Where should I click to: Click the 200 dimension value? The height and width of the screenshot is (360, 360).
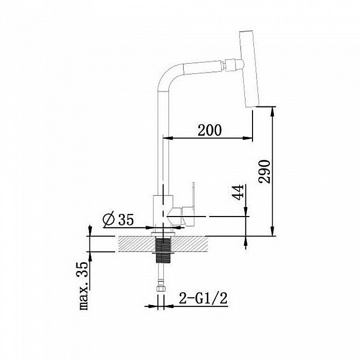pyautogui.click(x=210, y=130)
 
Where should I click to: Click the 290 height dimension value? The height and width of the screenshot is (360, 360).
pyautogui.click(x=264, y=171)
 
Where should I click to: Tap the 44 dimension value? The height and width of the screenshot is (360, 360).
pyautogui.click(x=238, y=192)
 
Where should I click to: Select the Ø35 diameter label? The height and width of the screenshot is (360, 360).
pyautogui.click(x=118, y=220)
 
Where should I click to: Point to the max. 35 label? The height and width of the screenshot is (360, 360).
pyautogui.click(x=83, y=286)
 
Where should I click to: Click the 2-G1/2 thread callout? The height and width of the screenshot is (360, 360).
pyautogui.click(x=203, y=298)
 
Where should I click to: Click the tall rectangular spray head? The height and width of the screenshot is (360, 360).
pyautogui.click(x=249, y=68)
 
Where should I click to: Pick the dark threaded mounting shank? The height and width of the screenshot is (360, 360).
pyautogui.click(x=164, y=251)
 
